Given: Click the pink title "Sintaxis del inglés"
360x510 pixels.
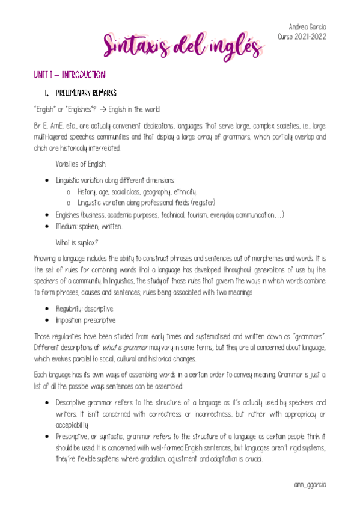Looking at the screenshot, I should coord(180,44).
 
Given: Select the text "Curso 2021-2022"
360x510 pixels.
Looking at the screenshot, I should coord(302,37).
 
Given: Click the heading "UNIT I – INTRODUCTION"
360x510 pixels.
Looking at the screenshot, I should coord(70,75).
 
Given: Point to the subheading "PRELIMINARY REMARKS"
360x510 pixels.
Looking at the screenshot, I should coord(87,93).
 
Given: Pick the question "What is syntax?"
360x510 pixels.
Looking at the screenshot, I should coord(77,242).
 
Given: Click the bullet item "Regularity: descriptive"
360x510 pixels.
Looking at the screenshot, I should coord(84,309).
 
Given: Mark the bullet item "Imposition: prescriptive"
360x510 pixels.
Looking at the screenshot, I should coord(85,321).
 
